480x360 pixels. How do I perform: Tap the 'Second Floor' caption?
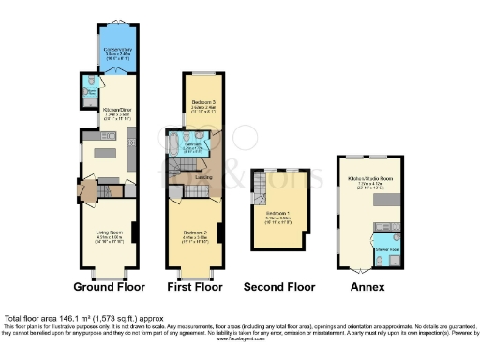point(278,286)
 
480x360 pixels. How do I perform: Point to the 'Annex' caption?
point(366,286)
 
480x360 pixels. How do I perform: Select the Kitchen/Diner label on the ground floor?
point(115,113)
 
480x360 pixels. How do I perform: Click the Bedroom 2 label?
point(195,232)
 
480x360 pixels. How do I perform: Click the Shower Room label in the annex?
point(386,251)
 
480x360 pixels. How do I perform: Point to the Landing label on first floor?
point(202,176)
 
